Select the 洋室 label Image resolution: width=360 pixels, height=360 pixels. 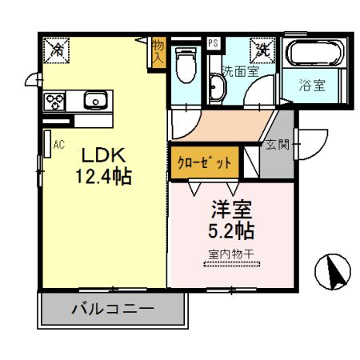230,212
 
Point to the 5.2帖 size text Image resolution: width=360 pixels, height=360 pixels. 230,232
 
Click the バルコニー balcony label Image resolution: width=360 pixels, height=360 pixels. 111,309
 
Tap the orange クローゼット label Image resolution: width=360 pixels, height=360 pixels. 204,162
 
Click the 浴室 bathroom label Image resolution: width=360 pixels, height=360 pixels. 313,85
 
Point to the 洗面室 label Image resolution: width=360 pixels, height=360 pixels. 240,70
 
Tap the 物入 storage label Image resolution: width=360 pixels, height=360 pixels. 158,52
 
